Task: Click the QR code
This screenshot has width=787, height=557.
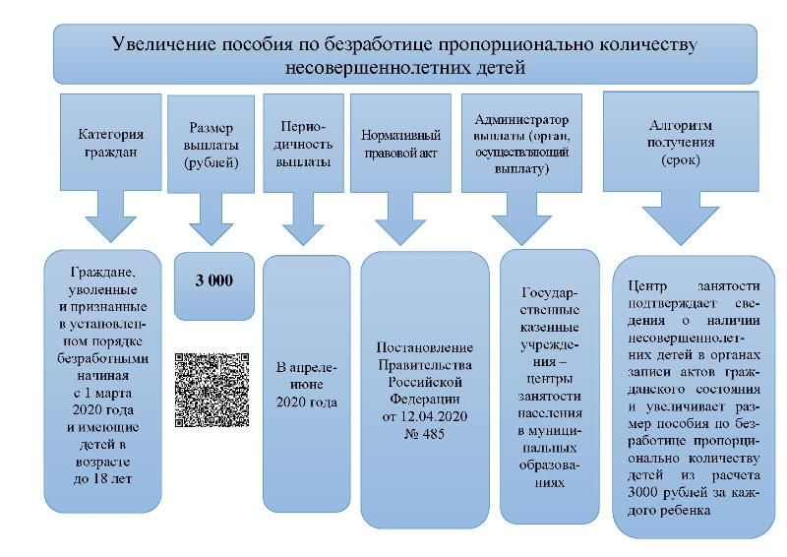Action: pos(212,391)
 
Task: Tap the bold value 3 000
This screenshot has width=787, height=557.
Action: pos(214,280)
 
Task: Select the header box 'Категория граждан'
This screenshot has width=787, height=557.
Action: pos(111,142)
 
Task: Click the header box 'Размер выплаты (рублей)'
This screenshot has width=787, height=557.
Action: pos(211,144)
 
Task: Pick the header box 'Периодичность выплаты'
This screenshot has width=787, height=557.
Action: pos(303,143)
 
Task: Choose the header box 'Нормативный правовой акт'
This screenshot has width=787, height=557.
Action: pos(400,143)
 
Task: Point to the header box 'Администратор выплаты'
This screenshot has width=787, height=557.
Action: pos(521,143)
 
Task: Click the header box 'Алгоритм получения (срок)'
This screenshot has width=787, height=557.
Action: pos(681,142)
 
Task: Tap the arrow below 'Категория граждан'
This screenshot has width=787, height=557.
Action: pos(111,216)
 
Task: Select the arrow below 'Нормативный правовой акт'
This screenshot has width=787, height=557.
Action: pos(400,218)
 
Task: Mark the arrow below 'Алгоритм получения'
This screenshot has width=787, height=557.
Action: pos(681,218)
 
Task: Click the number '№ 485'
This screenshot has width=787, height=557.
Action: pos(424,433)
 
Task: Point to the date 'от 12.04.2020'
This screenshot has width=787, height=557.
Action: pos(424,416)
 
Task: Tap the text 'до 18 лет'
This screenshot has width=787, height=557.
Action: pos(103,478)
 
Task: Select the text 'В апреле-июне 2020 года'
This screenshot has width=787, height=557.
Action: pos(307,385)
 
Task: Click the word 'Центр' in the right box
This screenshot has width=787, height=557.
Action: pos(647,286)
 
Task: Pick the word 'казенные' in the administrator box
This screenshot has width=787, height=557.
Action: pos(550,328)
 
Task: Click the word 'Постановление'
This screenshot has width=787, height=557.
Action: pos(424,347)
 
